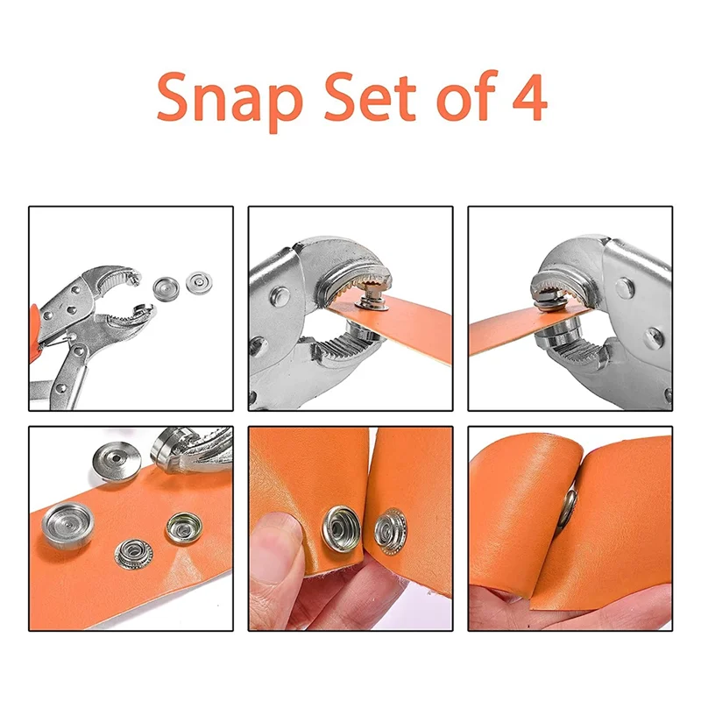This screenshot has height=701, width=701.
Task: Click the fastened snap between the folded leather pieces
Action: point(568,507)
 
